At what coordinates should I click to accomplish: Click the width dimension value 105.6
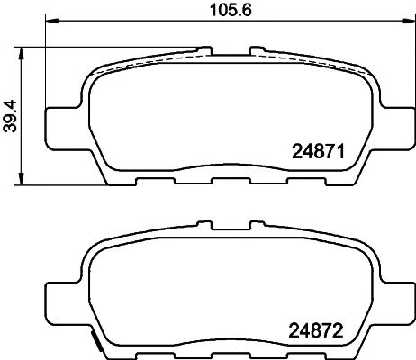tap(231, 10)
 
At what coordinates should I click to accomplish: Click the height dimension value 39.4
tap(11, 116)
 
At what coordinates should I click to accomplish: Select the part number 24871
tap(318, 152)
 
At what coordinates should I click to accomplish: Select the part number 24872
tap(315, 331)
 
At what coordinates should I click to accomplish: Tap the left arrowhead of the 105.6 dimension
tap(51, 21)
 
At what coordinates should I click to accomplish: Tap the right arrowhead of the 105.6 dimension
tap(409, 21)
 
